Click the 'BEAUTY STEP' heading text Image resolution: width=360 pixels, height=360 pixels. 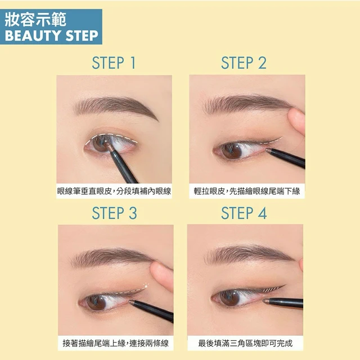click(x=52, y=36)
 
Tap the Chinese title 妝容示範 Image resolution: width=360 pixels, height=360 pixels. click(x=35, y=20)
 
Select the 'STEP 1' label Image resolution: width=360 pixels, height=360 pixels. click(x=114, y=62)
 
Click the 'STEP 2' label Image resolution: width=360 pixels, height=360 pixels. click(x=244, y=62)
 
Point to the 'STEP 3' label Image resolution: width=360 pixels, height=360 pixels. click(x=114, y=213)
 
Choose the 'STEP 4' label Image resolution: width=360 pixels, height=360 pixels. click(x=244, y=213)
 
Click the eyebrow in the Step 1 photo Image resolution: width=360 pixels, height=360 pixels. click(x=116, y=106)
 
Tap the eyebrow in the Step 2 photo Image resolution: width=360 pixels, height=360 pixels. click(x=247, y=103)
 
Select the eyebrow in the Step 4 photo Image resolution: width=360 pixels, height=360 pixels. click(x=249, y=255)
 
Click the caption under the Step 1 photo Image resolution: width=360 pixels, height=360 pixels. click(x=114, y=191)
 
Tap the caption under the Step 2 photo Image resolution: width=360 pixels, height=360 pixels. click(x=247, y=191)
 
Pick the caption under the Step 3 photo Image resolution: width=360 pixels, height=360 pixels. click(x=116, y=343)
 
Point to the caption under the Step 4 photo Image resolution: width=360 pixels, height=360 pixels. click(x=245, y=343)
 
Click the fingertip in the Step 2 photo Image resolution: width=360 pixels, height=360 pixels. click(x=296, y=121)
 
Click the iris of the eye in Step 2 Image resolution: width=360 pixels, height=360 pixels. click(x=232, y=151)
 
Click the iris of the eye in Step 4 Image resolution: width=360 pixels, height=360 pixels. click(x=229, y=298)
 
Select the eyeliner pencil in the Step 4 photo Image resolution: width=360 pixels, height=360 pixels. click(x=283, y=303)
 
